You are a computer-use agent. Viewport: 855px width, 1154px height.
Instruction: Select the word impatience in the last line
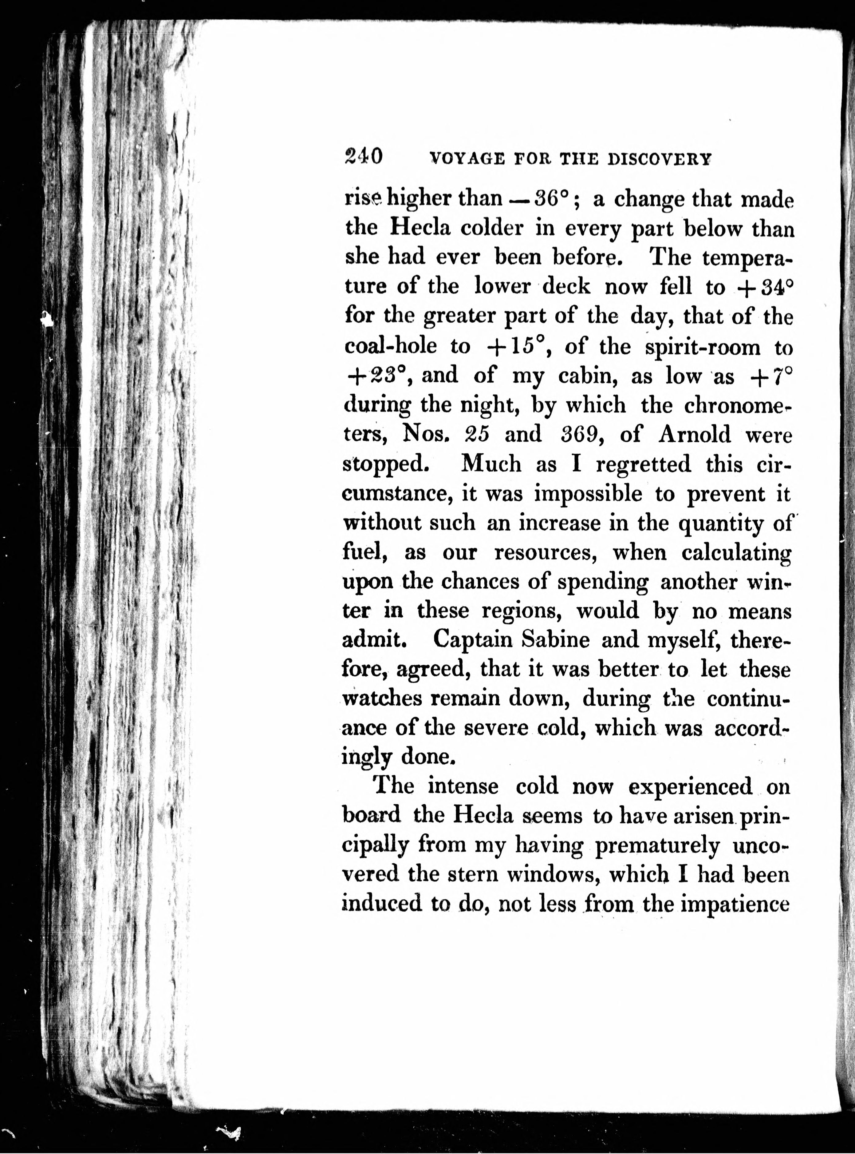735,904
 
